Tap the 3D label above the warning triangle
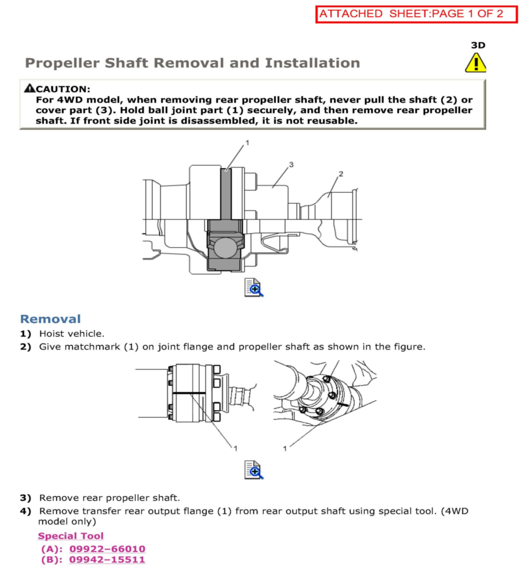point(478,45)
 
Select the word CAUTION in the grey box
point(63,89)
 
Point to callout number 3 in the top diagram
point(291,165)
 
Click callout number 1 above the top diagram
point(247,143)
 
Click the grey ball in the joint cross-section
point(225,248)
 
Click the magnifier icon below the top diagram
point(254,288)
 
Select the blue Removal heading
point(51,319)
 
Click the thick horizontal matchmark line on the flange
point(189,393)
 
